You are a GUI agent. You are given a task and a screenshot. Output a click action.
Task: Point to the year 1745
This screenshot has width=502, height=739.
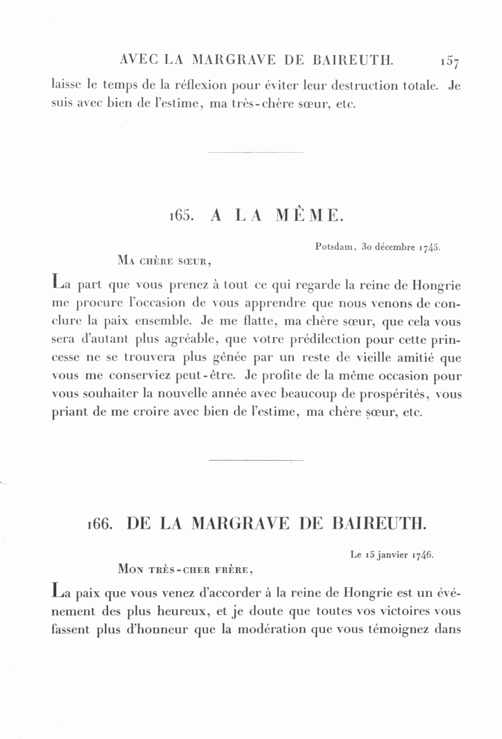[430, 247]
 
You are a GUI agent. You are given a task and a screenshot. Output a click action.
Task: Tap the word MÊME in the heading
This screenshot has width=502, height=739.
[308, 216]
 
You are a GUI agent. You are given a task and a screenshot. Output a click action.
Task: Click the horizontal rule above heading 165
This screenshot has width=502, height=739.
[255, 152]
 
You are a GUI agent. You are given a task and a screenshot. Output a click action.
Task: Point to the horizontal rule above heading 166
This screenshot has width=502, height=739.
[255, 460]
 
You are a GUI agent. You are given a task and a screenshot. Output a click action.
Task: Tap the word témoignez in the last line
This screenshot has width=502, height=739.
[397, 630]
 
